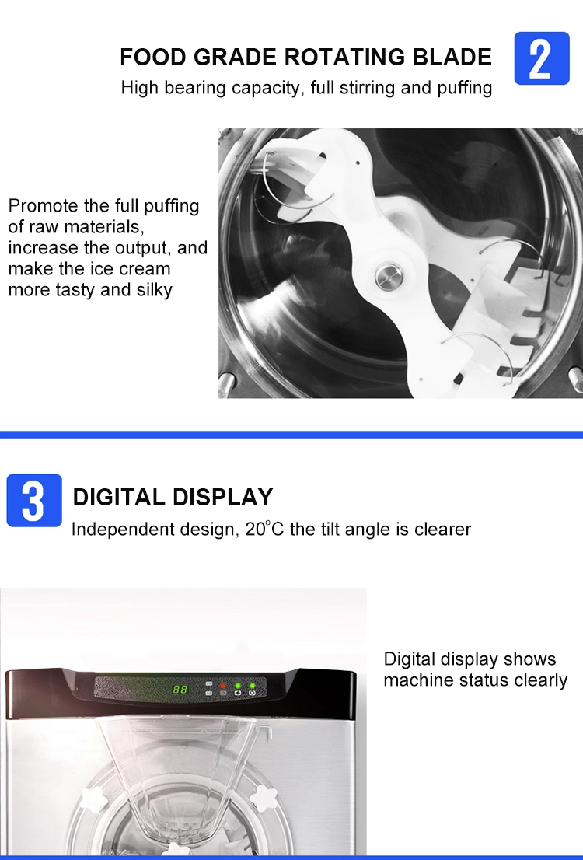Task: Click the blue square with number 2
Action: pos(541,58)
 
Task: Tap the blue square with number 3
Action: pos(34,500)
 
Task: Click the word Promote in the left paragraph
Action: pos(44,206)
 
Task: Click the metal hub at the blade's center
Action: pos(389,276)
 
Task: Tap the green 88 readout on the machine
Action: pos(180,689)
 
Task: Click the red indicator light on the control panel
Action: pos(222,685)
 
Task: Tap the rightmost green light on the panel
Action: pos(253,686)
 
